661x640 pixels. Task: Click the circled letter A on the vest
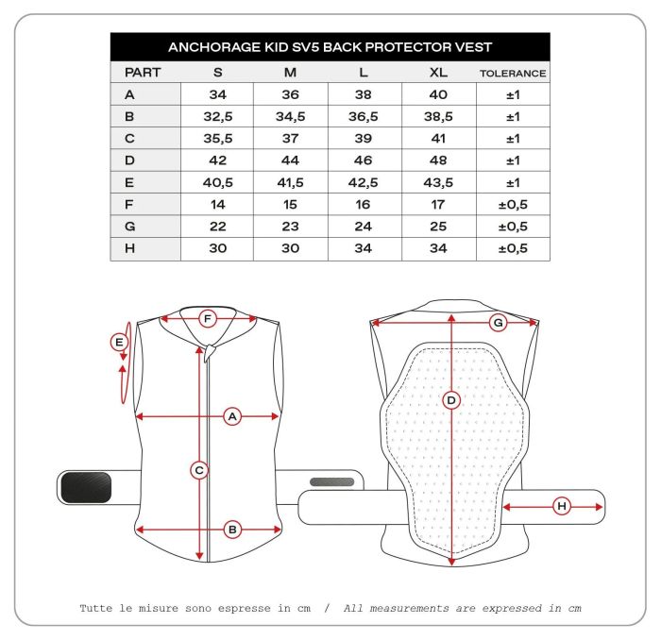[232, 415]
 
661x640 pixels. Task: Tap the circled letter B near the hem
[232, 531]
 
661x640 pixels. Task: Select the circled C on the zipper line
[199, 469]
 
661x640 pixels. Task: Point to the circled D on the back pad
[451, 401]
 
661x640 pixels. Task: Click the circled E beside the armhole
[119, 343]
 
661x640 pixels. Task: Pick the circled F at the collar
[209, 319]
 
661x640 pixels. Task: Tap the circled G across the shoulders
[498, 323]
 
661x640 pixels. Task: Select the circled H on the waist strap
[562, 507]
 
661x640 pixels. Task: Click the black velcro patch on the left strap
[86, 487]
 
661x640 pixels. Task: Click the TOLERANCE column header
[513, 73]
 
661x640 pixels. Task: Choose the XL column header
[439, 72]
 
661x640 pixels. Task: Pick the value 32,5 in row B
[217, 116]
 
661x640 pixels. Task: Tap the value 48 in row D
[439, 160]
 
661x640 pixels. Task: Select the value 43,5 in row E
[439, 182]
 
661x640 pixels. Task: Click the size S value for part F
[217, 205]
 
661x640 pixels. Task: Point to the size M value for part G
[291, 227]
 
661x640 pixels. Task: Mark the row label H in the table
[129, 249]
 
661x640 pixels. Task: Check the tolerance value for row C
[513, 139]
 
